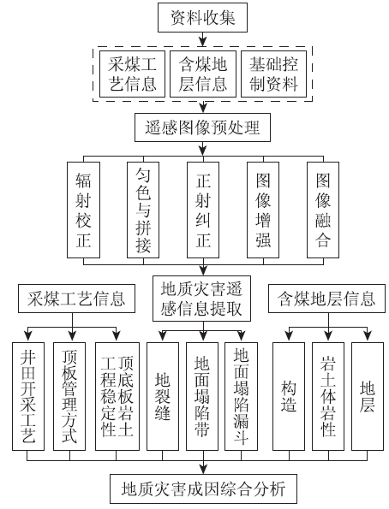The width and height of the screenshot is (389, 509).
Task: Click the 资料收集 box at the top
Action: [x=202, y=17]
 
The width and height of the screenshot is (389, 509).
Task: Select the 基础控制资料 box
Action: [x=273, y=74]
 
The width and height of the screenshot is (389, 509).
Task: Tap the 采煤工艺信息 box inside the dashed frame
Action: [x=132, y=74]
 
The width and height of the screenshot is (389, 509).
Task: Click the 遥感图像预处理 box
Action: [x=202, y=127]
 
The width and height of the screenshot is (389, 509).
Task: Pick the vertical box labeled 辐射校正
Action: [x=83, y=210]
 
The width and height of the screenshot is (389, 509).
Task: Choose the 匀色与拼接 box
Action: [x=143, y=210]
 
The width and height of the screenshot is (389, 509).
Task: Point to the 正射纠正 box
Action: [x=203, y=210]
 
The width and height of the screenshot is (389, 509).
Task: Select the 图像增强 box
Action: [x=263, y=210]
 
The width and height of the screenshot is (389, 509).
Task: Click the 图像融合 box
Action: [x=323, y=210]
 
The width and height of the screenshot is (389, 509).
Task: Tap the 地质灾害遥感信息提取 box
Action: [x=201, y=299]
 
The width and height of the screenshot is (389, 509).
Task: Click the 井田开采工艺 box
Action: [x=28, y=396]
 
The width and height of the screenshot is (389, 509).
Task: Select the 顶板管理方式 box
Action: [x=69, y=396]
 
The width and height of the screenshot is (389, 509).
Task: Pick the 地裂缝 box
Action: [x=163, y=396]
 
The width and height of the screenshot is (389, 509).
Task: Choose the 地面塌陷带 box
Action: [x=202, y=396]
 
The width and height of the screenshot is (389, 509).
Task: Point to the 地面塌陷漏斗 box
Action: [x=242, y=396]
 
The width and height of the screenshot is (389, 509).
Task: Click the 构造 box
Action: [x=289, y=396]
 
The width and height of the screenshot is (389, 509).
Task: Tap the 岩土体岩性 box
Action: [x=328, y=396]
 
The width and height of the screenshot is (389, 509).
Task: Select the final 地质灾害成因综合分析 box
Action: [x=203, y=488]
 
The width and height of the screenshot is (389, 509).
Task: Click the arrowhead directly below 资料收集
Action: [x=203, y=42]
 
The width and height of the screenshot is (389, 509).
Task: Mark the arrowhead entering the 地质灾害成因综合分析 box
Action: [x=203, y=470]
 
